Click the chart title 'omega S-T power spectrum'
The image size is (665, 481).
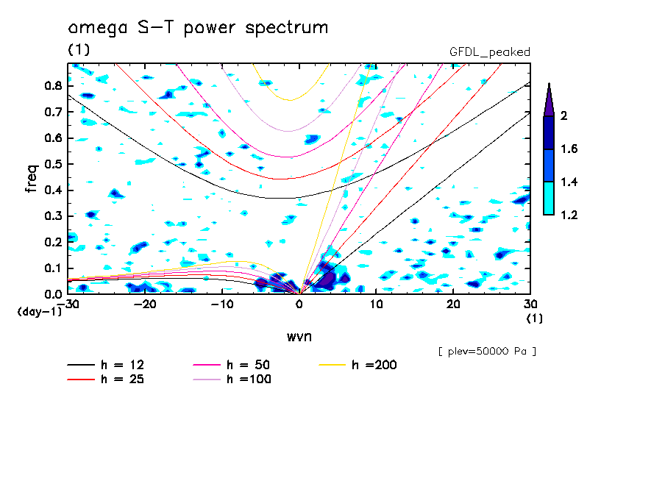[198, 28]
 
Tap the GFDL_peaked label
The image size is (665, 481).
[489, 51]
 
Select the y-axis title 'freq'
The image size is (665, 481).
[32, 178]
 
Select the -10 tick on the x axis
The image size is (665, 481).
[221, 304]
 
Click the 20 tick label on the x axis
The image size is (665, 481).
[453, 304]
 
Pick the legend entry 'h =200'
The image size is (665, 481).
[375, 365]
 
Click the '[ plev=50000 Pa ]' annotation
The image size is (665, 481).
[487, 352]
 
